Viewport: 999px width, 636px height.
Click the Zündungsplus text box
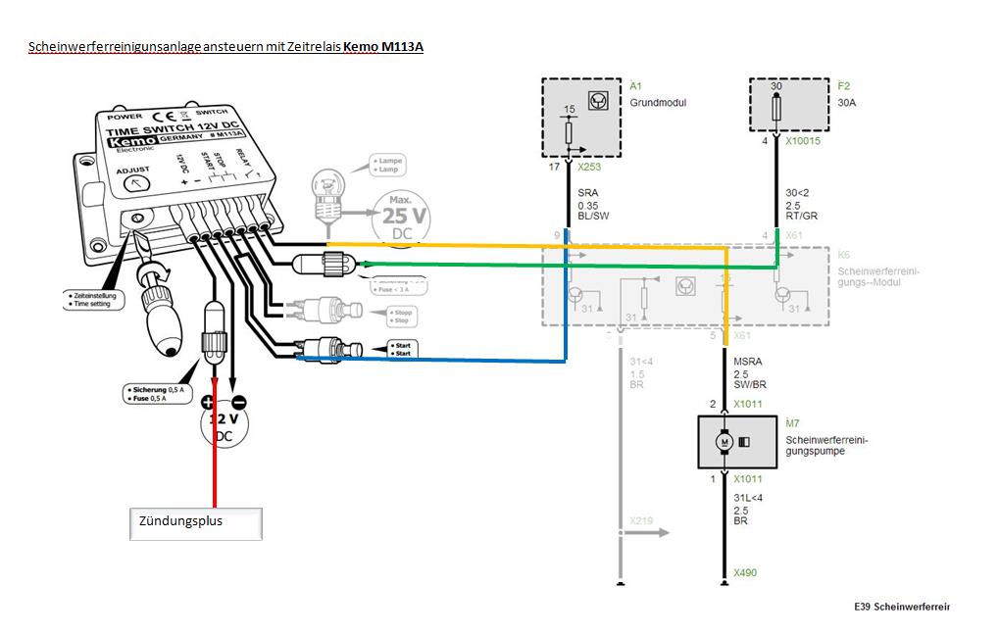click(196, 523)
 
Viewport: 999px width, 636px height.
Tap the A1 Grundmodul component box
click(582, 118)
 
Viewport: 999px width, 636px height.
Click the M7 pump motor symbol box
click(736, 442)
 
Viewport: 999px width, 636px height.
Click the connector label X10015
click(802, 141)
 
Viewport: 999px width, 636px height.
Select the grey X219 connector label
click(642, 520)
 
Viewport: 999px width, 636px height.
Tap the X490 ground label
click(745, 572)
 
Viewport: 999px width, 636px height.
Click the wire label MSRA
click(748, 362)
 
